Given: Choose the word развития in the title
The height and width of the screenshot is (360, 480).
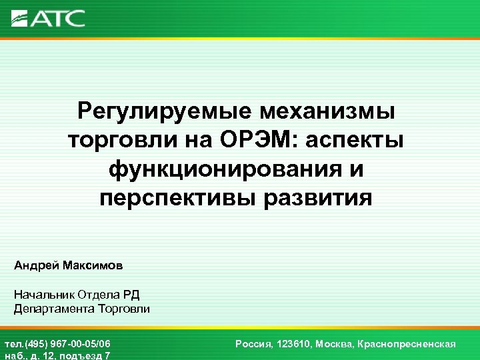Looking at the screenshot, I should tap(321, 198).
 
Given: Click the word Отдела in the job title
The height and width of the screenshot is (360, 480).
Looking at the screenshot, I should tap(98, 295).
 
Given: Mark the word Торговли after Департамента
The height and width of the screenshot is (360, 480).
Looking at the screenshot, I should tap(124, 309).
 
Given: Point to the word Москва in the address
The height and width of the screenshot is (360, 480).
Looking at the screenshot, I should tap(333, 344).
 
